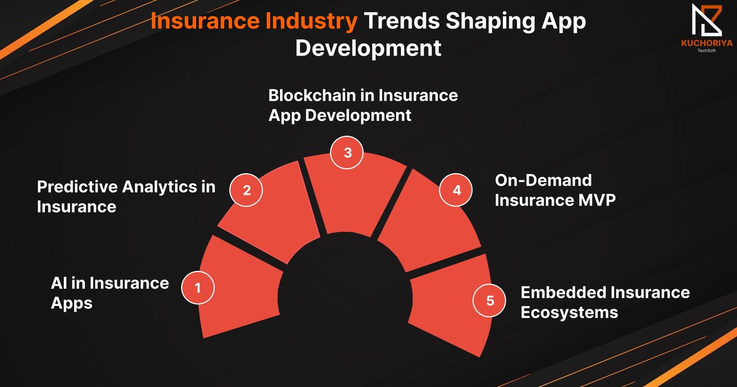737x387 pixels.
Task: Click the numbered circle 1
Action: pos(198,287)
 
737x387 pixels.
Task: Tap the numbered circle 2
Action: pos(246,190)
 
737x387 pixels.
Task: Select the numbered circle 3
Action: pos(347,153)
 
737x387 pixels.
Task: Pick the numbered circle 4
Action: pos(456,190)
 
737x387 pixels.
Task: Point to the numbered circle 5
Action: pos(489,301)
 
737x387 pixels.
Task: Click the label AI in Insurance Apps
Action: pos(109,292)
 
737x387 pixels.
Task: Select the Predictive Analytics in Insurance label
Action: pos(126,197)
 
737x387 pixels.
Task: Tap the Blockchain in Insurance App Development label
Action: pos(363,105)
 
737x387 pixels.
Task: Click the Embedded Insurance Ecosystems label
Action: pos(605,302)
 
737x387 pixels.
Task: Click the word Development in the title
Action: pos(368,47)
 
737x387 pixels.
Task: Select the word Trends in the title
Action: pos(405,21)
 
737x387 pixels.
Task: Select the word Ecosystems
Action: pos(569,311)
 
